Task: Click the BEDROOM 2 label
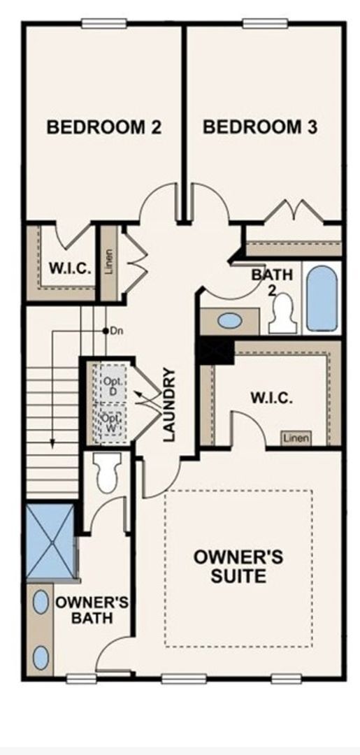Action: click(x=103, y=127)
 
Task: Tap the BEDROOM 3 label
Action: click(x=260, y=127)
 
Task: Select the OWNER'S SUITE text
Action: click(x=238, y=566)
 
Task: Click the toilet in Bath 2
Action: click(x=284, y=315)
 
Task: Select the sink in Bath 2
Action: click(x=230, y=321)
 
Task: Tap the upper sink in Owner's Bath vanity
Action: click(x=41, y=603)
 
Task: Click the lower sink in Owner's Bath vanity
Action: click(x=41, y=657)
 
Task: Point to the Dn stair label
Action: click(x=116, y=330)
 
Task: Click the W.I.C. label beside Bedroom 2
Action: click(x=69, y=268)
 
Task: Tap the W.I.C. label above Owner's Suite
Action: click(x=271, y=398)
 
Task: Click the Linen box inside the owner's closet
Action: click(x=296, y=438)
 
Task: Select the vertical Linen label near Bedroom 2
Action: click(x=108, y=261)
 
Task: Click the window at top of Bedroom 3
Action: click(x=265, y=23)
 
